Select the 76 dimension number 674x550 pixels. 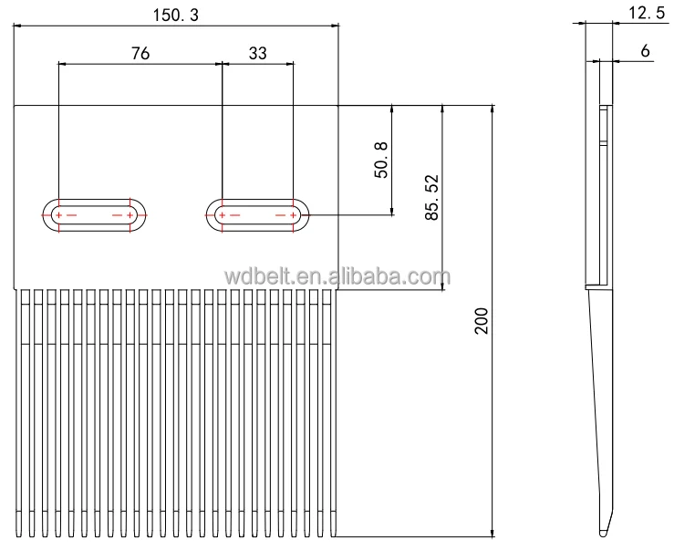coord(140,53)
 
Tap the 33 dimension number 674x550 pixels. coord(257,53)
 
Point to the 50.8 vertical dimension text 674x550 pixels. coord(381,160)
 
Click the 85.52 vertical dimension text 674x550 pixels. coord(432,197)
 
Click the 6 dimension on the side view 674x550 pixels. coord(646,51)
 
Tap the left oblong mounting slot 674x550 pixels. coord(95,215)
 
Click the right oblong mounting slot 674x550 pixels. coord(257,215)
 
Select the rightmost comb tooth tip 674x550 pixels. coord(330,534)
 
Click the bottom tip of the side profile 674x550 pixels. coord(604,533)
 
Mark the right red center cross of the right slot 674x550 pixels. coord(294,215)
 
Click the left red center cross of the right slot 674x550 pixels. coord(222,215)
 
